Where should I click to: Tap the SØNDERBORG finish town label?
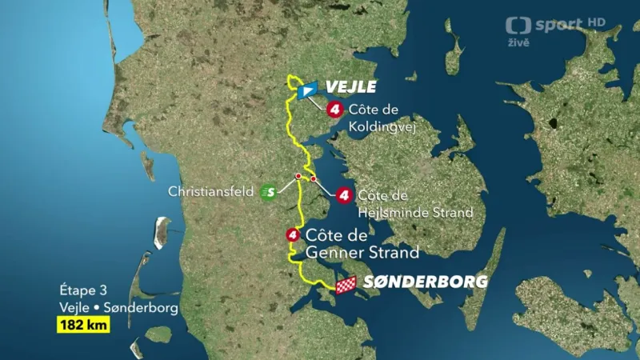pyautogui.click(x=426, y=282)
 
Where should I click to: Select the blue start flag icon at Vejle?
pyautogui.click(x=306, y=90)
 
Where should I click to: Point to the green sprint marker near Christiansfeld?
pyautogui.click(x=269, y=191)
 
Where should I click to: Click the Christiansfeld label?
pyautogui.click(x=211, y=191)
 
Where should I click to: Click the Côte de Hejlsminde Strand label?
pyautogui.click(x=414, y=204)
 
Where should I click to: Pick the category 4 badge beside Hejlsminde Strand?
pyautogui.click(x=345, y=194)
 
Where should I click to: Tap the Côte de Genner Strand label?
pyautogui.click(x=362, y=244)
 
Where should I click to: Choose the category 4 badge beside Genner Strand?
pyautogui.click(x=293, y=235)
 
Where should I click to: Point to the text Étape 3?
pyautogui.click(x=82, y=290)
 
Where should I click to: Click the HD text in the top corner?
pyautogui.click(x=597, y=22)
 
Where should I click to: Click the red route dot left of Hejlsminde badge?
pyautogui.click(x=314, y=178)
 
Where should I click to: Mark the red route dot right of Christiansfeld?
pyautogui.click(x=298, y=176)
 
